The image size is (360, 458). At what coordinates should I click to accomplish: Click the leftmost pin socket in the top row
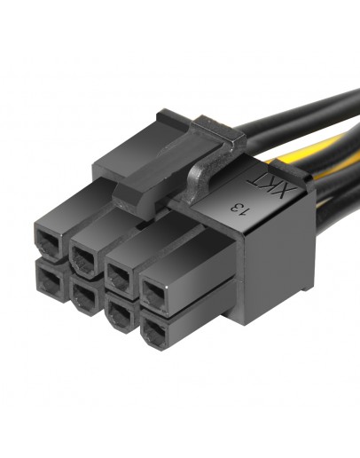[43, 239]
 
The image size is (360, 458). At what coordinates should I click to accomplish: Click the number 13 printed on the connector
[238, 209]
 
